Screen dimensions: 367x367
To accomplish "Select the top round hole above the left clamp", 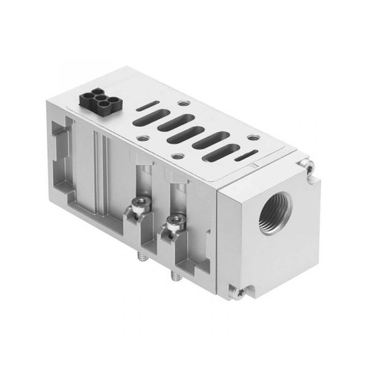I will (x=143, y=138).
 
